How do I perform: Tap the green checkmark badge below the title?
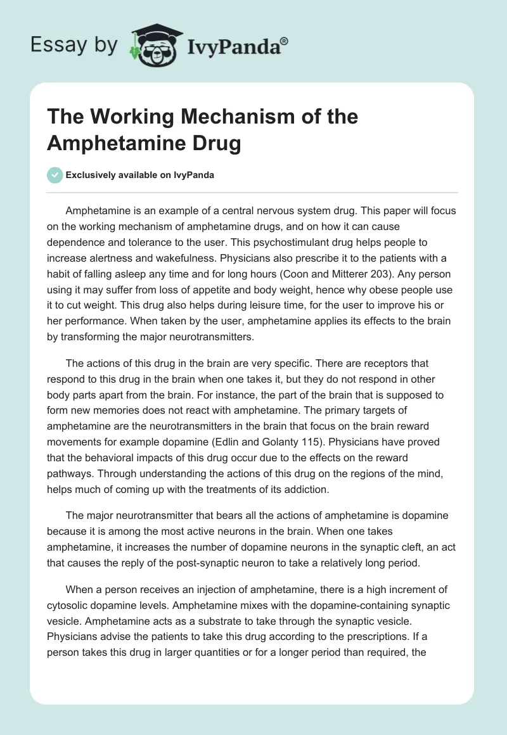55,176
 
